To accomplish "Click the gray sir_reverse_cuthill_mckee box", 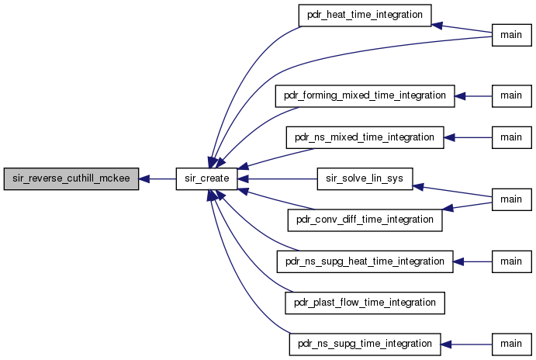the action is [x=71, y=178].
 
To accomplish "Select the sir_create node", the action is [x=207, y=178].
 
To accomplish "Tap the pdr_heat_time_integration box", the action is [x=365, y=16].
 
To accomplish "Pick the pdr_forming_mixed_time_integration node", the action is [x=365, y=96].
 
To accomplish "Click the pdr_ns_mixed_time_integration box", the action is [x=365, y=138].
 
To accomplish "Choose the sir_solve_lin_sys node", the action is [x=365, y=178].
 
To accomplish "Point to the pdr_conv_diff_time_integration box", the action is [x=365, y=220].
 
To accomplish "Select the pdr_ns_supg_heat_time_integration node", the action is [x=365, y=261].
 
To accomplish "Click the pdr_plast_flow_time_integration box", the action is [x=365, y=303].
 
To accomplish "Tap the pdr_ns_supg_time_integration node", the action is [x=365, y=344].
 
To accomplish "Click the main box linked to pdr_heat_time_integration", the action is [x=512, y=35].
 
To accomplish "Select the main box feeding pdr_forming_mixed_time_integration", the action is [x=512, y=96].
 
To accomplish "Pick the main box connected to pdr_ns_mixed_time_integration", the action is [x=512, y=138].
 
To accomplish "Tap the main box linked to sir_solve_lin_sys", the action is [x=512, y=199].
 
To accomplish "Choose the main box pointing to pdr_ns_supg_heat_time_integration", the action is [x=512, y=261].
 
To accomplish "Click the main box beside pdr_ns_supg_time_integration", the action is [x=512, y=344].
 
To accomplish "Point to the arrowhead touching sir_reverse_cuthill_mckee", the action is [x=144, y=178].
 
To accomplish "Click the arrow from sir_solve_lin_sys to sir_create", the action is [x=277, y=178].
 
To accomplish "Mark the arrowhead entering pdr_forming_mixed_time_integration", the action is [x=460, y=96].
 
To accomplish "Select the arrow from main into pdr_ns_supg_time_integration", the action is [x=466, y=344].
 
